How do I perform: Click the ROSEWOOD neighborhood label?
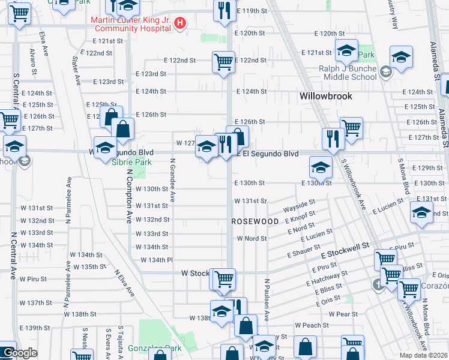pyautogui.click(x=255, y=221)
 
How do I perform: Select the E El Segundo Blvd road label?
pyautogui.click(x=267, y=154)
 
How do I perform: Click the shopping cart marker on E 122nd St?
pyautogui.click(x=223, y=61)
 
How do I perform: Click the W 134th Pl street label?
pyautogui.click(x=157, y=260)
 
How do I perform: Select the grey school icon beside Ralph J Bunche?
pyautogui.click(x=385, y=72)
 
